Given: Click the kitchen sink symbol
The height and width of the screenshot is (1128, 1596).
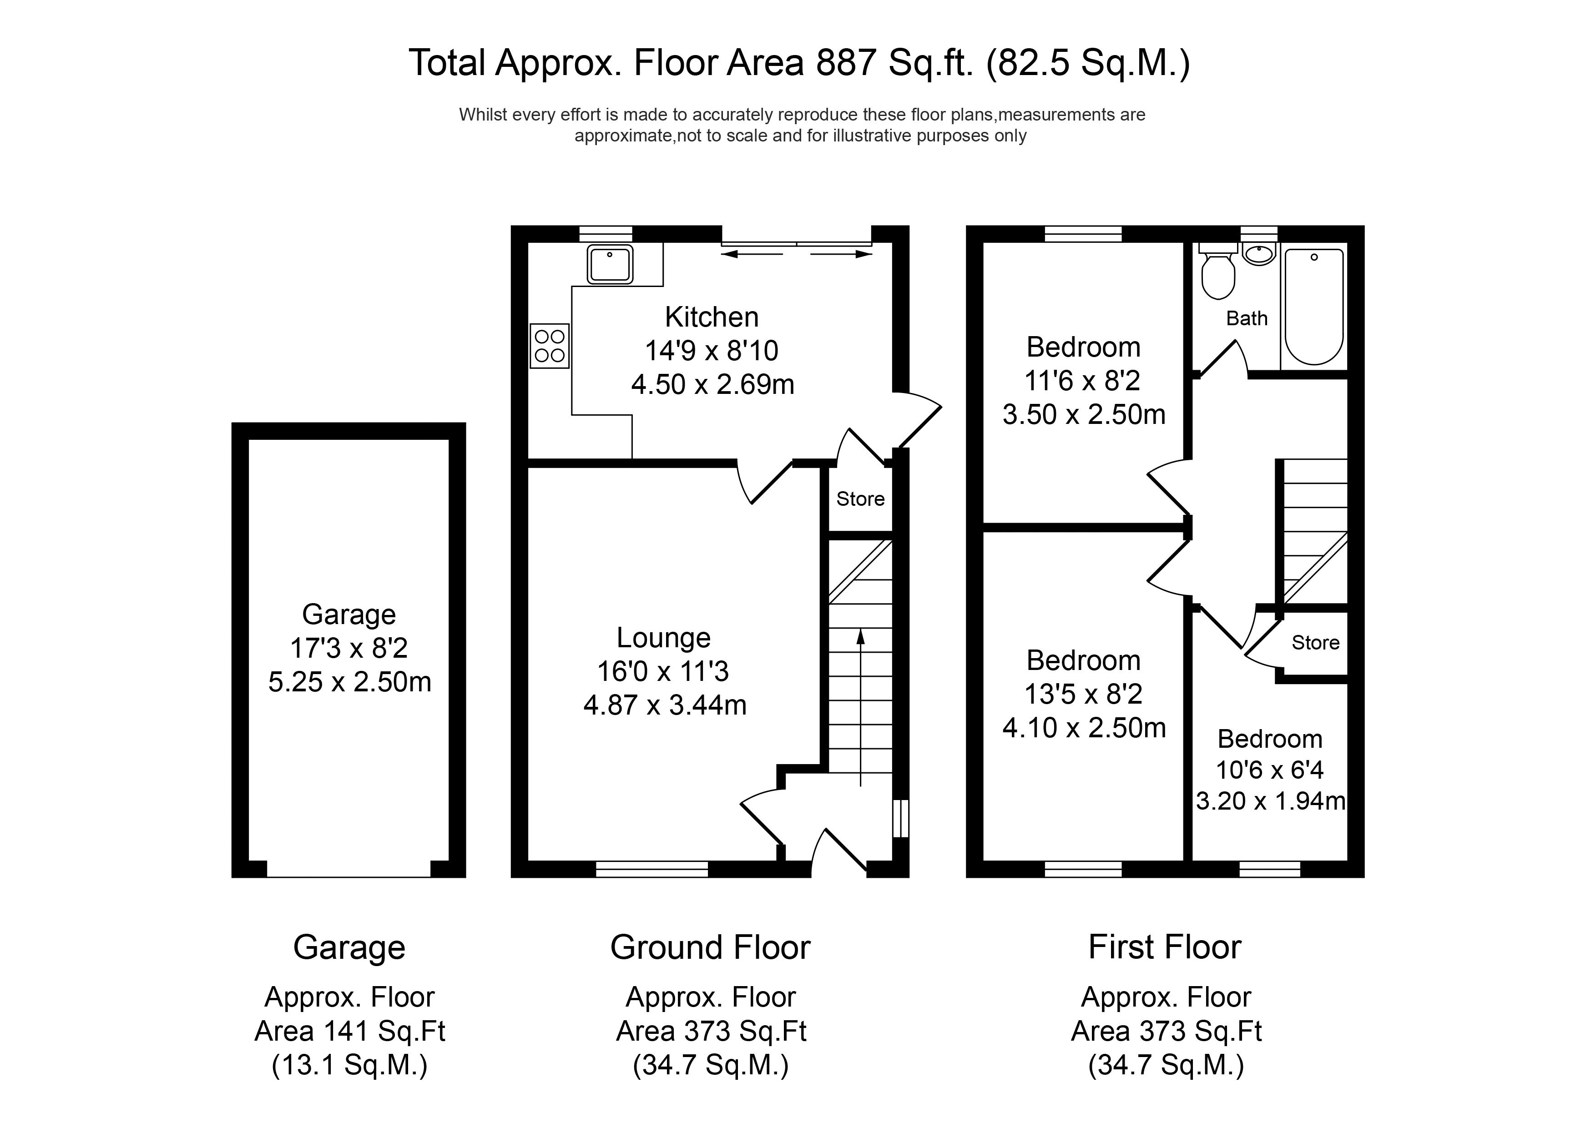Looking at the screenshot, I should pyautogui.click(x=610, y=264).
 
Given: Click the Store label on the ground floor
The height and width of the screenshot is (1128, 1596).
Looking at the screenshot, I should pyautogui.click(x=860, y=499).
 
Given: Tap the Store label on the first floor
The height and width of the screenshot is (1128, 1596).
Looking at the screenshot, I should pyautogui.click(x=1315, y=643).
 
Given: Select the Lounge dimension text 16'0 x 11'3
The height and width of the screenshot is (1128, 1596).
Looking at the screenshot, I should pyautogui.click(x=663, y=671).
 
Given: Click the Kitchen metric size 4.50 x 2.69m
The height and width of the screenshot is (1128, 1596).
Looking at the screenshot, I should pyautogui.click(x=712, y=384).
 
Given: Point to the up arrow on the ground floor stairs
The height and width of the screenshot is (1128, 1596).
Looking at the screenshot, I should pyautogui.click(x=861, y=636).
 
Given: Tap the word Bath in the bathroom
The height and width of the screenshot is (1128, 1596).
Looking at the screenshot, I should pyautogui.click(x=1246, y=318).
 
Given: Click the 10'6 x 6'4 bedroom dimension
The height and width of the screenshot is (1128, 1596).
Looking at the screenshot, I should pyautogui.click(x=1269, y=770).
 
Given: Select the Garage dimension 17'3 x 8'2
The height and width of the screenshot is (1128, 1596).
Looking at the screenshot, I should pyautogui.click(x=349, y=649).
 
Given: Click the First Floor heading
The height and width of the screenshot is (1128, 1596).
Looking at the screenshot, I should pyautogui.click(x=1164, y=947).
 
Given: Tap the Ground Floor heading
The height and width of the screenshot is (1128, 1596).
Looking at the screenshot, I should pyautogui.click(x=710, y=948).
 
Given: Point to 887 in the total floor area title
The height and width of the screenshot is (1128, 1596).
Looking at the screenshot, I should pyautogui.click(x=845, y=63).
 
